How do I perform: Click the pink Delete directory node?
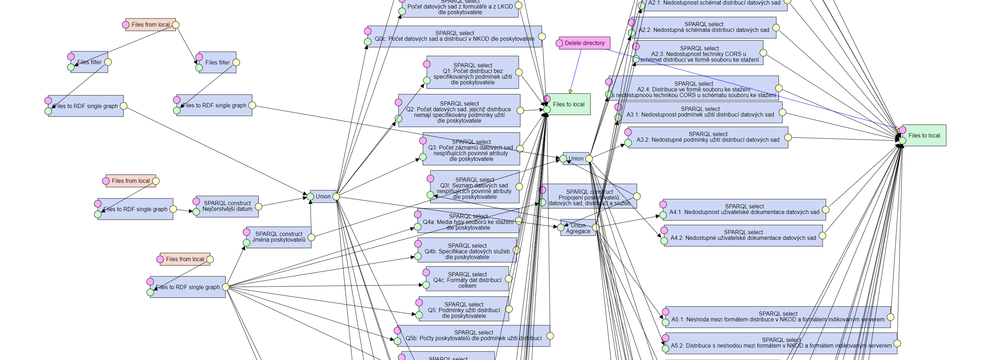pyautogui.click(x=584, y=43)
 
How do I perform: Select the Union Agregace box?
pyautogui.click(x=578, y=228)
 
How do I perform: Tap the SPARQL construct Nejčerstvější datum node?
pyautogui.click(x=227, y=206)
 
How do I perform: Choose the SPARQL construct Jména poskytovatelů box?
pyautogui.click(x=278, y=237)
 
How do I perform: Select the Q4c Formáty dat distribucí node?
pyautogui.click(x=467, y=280)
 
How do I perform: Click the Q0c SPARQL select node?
pyautogui.click(x=454, y=36)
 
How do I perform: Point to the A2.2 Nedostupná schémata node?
pyautogui.click(x=703, y=27)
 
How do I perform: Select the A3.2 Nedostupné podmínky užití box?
pyautogui.click(x=708, y=137)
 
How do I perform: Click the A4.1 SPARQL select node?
pyautogui.click(x=744, y=210)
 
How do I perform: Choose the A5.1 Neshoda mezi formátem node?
pyautogui.click(x=778, y=317)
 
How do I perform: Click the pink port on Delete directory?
pyautogui.click(x=559, y=43)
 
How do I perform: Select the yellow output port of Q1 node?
pyautogui.click(x=519, y=72)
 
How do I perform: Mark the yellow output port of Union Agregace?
pyautogui.click(x=595, y=227)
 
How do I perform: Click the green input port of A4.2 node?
pyautogui.click(x=664, y=241)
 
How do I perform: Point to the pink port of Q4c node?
pyautogui.click(x=426, y=272)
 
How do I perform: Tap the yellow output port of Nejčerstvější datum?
pyautogui.click(x=259, y=206)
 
